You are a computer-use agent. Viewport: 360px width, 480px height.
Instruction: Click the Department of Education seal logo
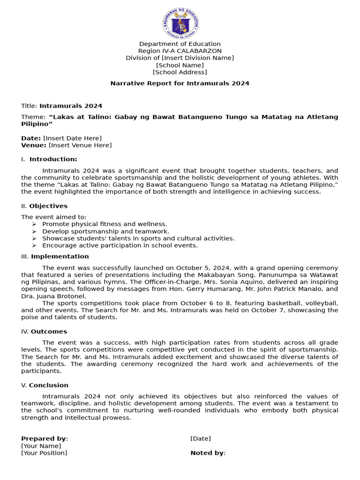[180, 23]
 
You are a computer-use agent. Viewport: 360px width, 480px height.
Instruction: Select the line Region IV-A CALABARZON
[180, 51]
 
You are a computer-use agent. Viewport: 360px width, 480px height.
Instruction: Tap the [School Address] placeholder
[180, 72]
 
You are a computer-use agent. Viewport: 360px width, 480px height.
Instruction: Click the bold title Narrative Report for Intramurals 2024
[180, 83]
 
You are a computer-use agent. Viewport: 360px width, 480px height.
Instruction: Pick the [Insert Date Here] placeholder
[72, 138]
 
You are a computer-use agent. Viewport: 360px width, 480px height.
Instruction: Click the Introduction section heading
[53, 159]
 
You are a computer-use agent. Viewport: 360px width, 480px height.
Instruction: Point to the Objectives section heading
[48, 206]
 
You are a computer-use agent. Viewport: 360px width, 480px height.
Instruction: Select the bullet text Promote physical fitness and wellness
[105, 224]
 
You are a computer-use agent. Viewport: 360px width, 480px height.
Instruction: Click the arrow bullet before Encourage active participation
[34, 246]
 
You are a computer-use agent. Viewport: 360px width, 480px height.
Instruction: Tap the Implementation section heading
[60, 256]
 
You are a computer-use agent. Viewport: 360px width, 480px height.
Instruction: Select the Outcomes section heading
[49, 331]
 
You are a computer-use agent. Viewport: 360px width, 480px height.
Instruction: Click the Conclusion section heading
[48, 385]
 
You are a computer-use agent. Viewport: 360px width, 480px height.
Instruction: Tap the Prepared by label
[44, 439]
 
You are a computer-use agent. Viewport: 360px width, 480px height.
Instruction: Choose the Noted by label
[207, 453]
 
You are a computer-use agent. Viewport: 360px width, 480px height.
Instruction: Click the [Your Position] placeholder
[44, 453]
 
